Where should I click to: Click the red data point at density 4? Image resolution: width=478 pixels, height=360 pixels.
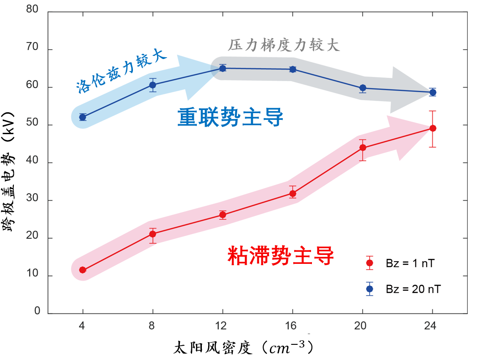pos(82,270)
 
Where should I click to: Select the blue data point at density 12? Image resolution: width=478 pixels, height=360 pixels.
pos(222,68)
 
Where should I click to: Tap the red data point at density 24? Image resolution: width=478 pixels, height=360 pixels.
pos(433,128)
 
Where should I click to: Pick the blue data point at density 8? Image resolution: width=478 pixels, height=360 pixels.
pos(153,85)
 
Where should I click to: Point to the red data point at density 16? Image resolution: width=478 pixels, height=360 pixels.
pos(293,194)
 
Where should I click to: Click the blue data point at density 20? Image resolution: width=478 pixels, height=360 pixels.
pos(363,88)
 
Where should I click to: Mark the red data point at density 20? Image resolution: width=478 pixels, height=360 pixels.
pos(363,148)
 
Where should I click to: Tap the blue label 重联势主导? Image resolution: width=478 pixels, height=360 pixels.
pos(231,118)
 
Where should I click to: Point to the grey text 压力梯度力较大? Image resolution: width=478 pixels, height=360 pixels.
pos(284,45)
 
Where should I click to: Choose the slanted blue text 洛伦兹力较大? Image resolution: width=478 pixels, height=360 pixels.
pos(121,72)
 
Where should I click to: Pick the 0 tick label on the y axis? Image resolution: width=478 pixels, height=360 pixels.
pos(38,311)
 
